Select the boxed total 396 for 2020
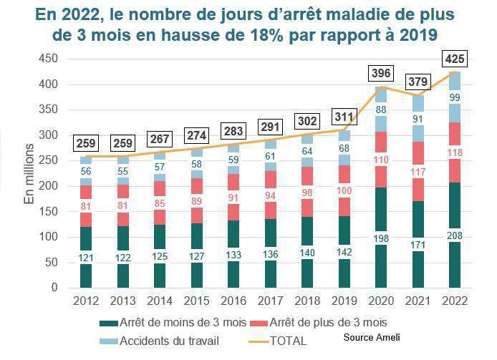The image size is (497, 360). tap(381, 74)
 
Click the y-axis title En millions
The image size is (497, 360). tap(30, 174)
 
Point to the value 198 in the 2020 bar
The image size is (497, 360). tap(381, 238)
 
